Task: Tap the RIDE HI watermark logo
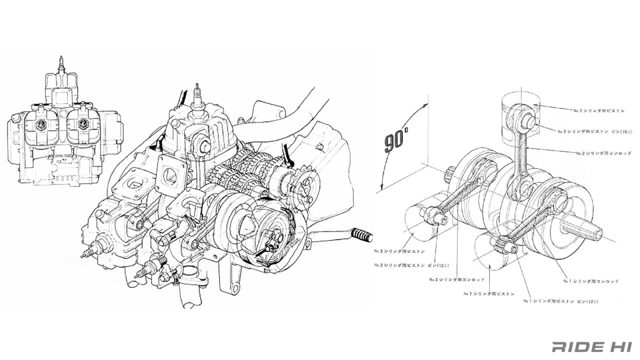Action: (x=592, y=346)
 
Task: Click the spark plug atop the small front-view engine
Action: (x=61, y=65)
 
